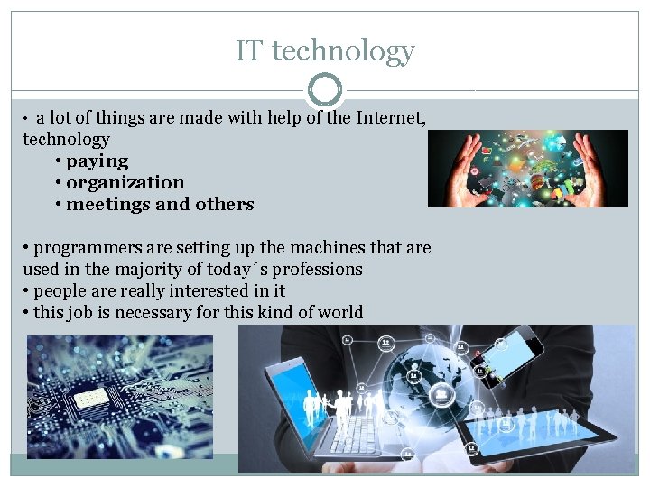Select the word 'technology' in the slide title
click(x=343, y=51)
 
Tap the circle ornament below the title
click(x=325, y=90)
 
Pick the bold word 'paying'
click(x=97, y=161)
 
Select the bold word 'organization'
click(x=125, y=183)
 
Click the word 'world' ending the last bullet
click(x=337, y=313)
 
